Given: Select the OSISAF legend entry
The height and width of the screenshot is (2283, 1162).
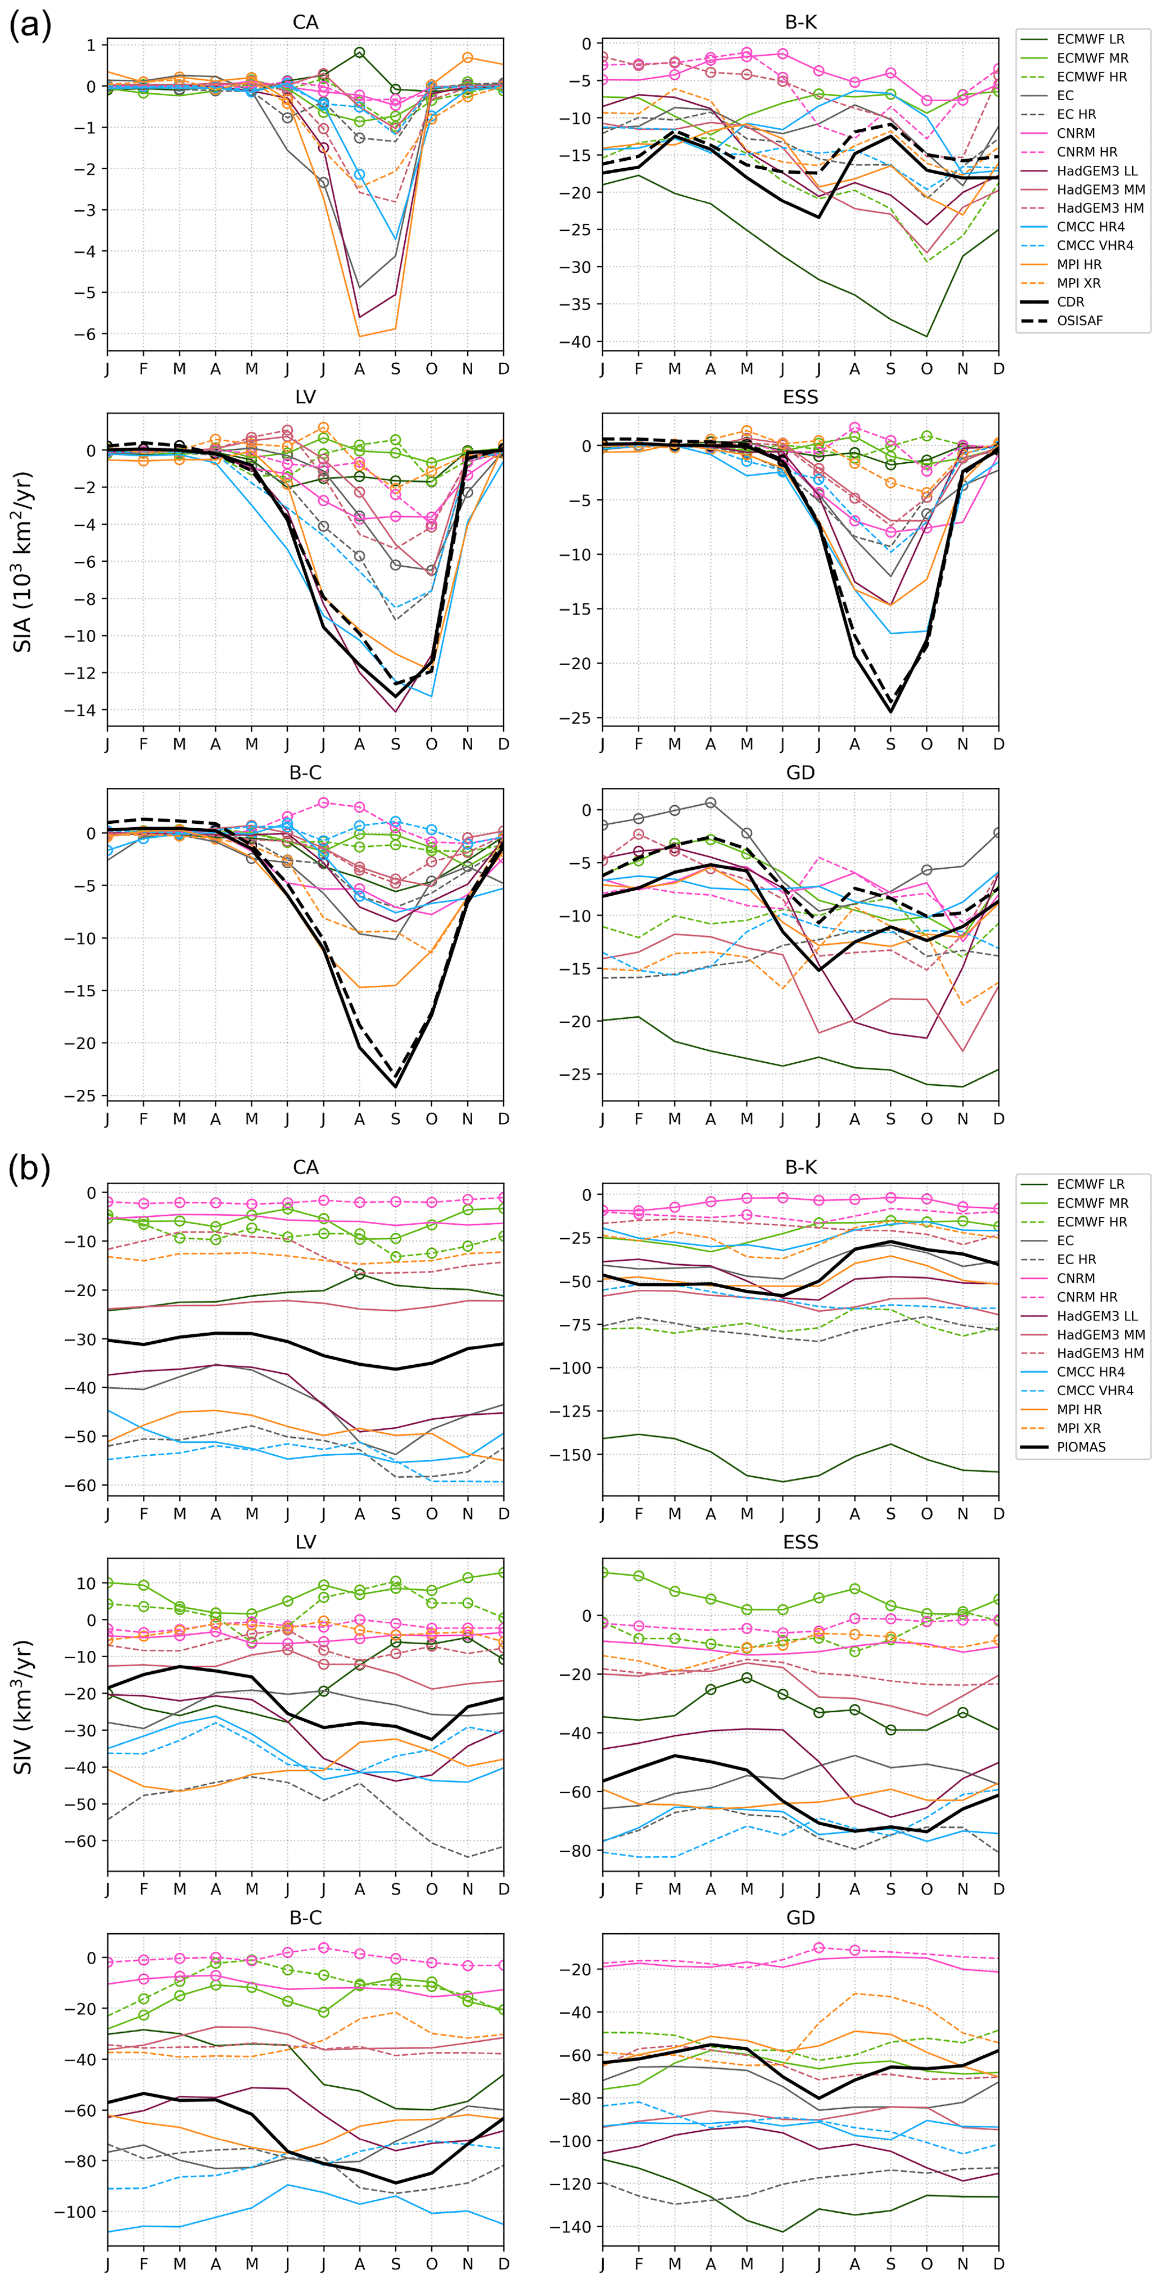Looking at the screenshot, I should click(1079, 321).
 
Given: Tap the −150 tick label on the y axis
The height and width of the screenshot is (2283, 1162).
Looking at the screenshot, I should click(572, 1454).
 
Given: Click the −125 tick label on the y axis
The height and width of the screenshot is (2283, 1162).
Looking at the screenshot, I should click(572, 1411).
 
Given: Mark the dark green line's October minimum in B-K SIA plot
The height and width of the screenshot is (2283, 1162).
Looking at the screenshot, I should click(927, 337).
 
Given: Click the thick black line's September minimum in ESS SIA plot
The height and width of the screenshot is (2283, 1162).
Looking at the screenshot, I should click(891, 712).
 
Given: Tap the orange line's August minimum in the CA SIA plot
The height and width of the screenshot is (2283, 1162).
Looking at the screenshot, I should click(359, 336).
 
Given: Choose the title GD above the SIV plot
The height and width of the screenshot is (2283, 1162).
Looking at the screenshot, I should click(801, 1917).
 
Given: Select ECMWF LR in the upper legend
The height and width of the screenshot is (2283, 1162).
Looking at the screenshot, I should click(1090, 39).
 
